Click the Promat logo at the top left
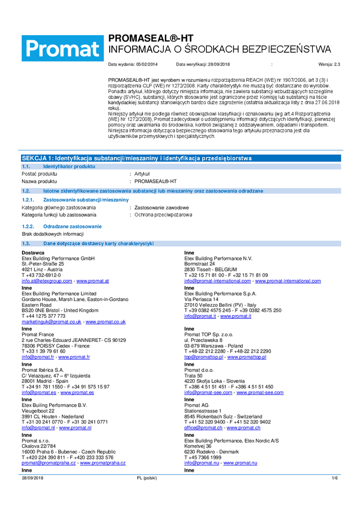click(62, 49)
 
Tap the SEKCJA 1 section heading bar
click(136, 158)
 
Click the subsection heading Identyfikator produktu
click(69, 167)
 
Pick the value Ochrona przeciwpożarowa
click(163, 215)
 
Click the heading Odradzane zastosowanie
click(72, 226)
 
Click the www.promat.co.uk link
click(105, 322)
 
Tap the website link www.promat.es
click(77, 392)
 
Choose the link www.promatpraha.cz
click(102, 463)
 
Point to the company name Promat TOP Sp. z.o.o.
click(208, 334)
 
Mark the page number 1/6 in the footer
click(334, 478)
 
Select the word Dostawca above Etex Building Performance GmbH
click(33, 253)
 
